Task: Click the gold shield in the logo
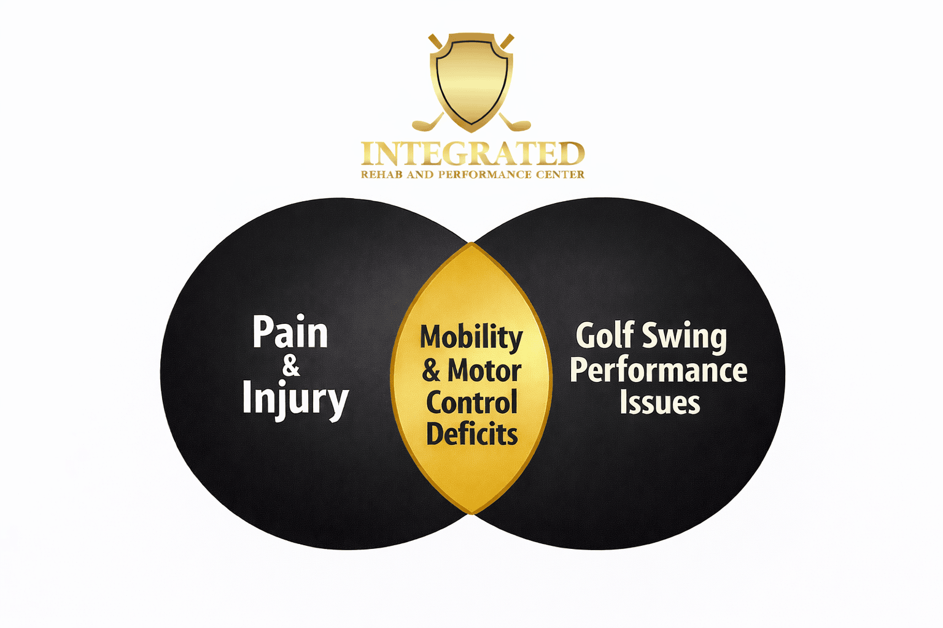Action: (x=471, y=80)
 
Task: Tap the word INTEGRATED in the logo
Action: (x=472, y=154)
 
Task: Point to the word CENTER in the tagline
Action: (x=561, y=175)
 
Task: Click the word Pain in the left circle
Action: (x=290, y=333)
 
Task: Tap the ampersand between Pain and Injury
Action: (x=291, y=366)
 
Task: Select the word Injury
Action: (x=295, y=399)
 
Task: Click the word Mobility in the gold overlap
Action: (x=471, y=338)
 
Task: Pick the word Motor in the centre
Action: (x=484, y=371)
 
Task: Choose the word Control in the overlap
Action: (x=471, y=403)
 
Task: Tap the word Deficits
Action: (x=471, y=435)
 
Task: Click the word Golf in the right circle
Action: (x=605, y=336)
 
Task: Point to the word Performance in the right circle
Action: (x=658, y=370)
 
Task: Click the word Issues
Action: (x=659, y=403)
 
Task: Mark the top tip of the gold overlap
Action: (x=471, y=244)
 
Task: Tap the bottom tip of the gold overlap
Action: (x=471, y=513)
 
